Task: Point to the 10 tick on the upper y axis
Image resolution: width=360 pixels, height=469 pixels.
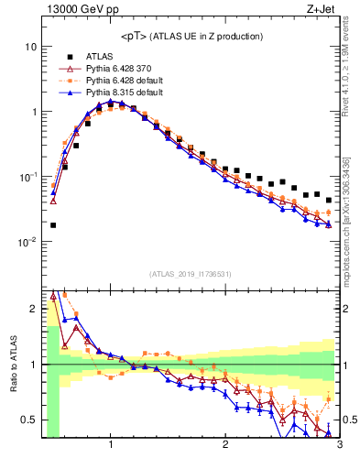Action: point(30,47)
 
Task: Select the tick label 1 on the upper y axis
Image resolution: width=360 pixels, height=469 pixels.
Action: point(33,112)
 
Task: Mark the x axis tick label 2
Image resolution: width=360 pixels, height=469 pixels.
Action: point(225,445)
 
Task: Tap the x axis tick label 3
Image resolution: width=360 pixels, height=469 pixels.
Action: point(338,445)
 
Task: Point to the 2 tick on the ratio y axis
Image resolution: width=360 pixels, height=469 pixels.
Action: point(33,309)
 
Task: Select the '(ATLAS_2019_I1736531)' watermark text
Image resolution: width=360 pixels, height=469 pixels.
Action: point(191,274)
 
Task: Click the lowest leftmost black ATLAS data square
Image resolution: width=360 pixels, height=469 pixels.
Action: point(53,224)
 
